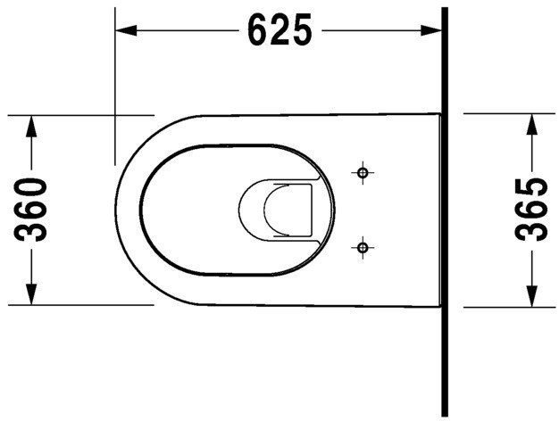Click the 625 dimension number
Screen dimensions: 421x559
[279, 31]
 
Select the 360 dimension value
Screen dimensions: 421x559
[33, 210]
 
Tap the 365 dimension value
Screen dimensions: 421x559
[533, 210]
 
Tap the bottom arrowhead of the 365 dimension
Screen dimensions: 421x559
[533, 296]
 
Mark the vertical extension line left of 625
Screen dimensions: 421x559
[115, 89]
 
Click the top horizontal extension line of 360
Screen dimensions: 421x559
[80, 115]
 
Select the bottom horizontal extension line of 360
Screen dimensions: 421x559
[80, 305]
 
